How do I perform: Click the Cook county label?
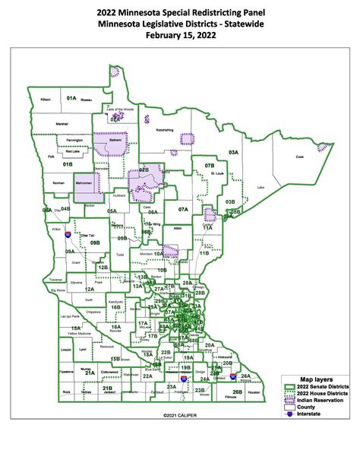[x=300, y=157]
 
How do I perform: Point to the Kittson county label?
[x=46, y=100]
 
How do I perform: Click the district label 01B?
[x=68, y=163]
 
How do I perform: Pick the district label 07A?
[x=183, y=208]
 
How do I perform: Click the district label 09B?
[x=95, y=243]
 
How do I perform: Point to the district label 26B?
[x=237, y=392]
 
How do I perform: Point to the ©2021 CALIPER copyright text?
[x=179, y=416]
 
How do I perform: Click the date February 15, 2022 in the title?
[x=179, y=35]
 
